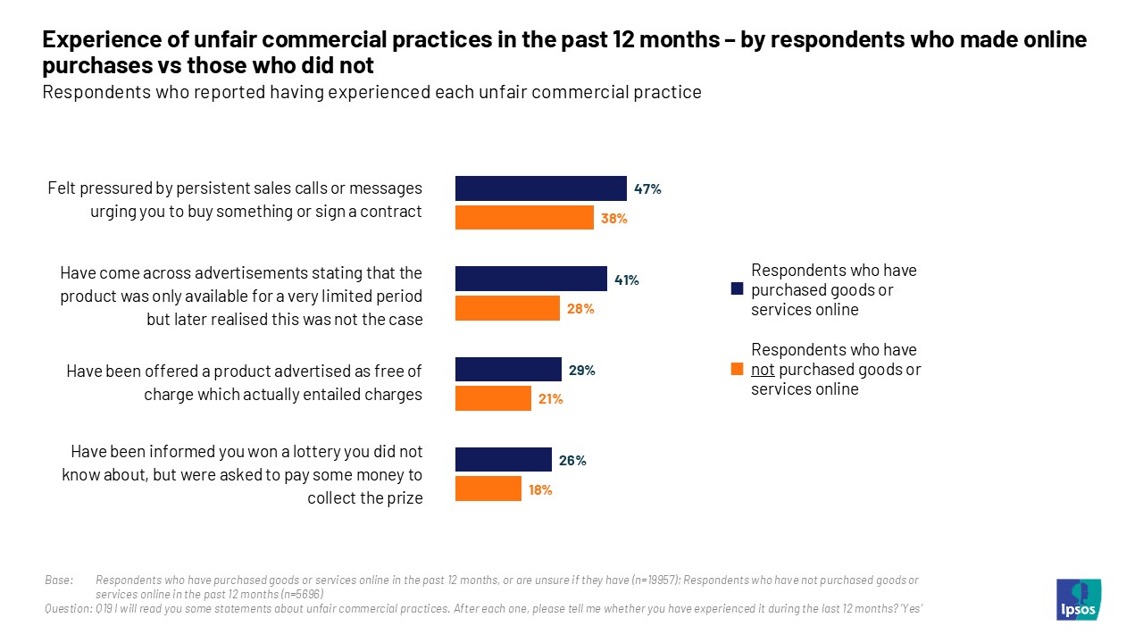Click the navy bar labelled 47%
[x=540, y=188]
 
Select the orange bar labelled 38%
[x=524, y=218]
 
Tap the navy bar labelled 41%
[x=530, y=279]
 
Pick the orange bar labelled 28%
[x=507, y=308]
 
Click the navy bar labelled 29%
[x=508, y=370]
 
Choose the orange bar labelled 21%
[x=493, y=398]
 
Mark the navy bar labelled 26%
[x=503, y=460]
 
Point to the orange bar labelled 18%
[x=488, y=489]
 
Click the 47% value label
[x=647, y=189]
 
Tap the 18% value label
[x=540, y=490]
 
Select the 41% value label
[x=627, y=280]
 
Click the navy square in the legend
[x=737, y=289]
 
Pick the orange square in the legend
[x=737, y=370]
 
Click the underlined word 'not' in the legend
[x=763, y=370]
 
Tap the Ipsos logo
[x=1078, y=599]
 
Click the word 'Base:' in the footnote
[x=59, y=580]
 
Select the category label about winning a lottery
[x=242, y=474]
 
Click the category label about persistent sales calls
[x=235, y=200]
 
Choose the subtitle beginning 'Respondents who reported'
[x=371, y=92]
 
